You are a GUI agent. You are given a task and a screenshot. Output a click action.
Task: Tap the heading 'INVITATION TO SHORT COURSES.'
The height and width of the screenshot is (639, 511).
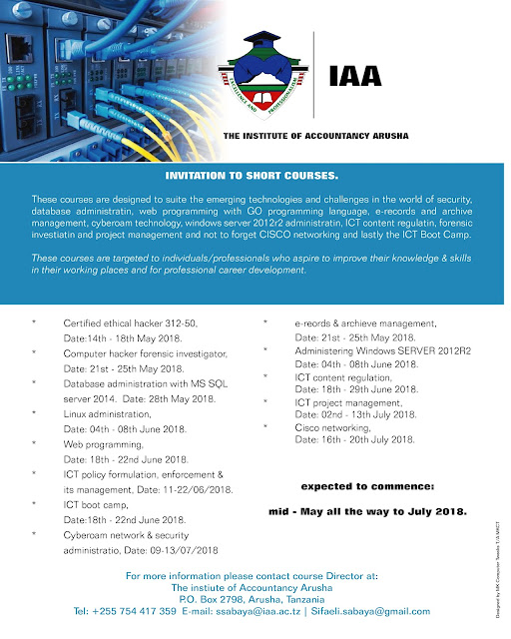[255, 175]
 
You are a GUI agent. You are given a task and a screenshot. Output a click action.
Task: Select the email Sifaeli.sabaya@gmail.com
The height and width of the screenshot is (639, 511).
[371, 610]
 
